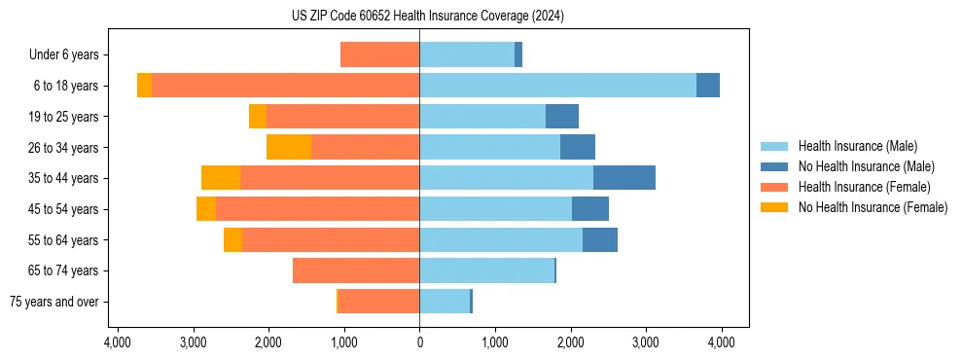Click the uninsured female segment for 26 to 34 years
pos(289,147)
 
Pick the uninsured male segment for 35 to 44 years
pos(624,178)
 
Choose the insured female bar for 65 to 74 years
pos(356,270)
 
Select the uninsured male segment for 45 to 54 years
pos(589,209)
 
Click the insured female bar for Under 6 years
pos(380,54)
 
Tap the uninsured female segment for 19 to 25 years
pos(258,117)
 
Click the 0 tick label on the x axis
pos(419,342)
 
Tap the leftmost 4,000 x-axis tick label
pos(117,342)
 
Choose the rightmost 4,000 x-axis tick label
pos(721,342)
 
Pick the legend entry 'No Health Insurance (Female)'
pos(873,207)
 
